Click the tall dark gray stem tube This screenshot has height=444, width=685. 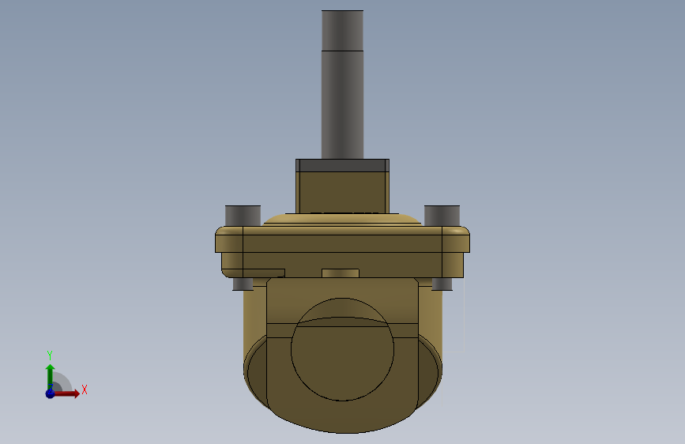coord(343,85)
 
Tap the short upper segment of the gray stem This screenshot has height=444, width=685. coord(343,31)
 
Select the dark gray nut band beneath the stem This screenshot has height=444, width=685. coord(343,165)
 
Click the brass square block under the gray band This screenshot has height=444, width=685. coord(343,192)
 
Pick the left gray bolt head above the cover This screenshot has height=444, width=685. coord(243,216)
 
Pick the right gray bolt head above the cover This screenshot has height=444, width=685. coord(442,216)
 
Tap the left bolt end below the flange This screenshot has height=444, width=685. coord(243,284)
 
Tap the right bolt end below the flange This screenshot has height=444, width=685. coord(442,284)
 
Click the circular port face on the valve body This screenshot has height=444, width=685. coord(343,350)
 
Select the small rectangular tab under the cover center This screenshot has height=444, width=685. coord(341,273)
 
